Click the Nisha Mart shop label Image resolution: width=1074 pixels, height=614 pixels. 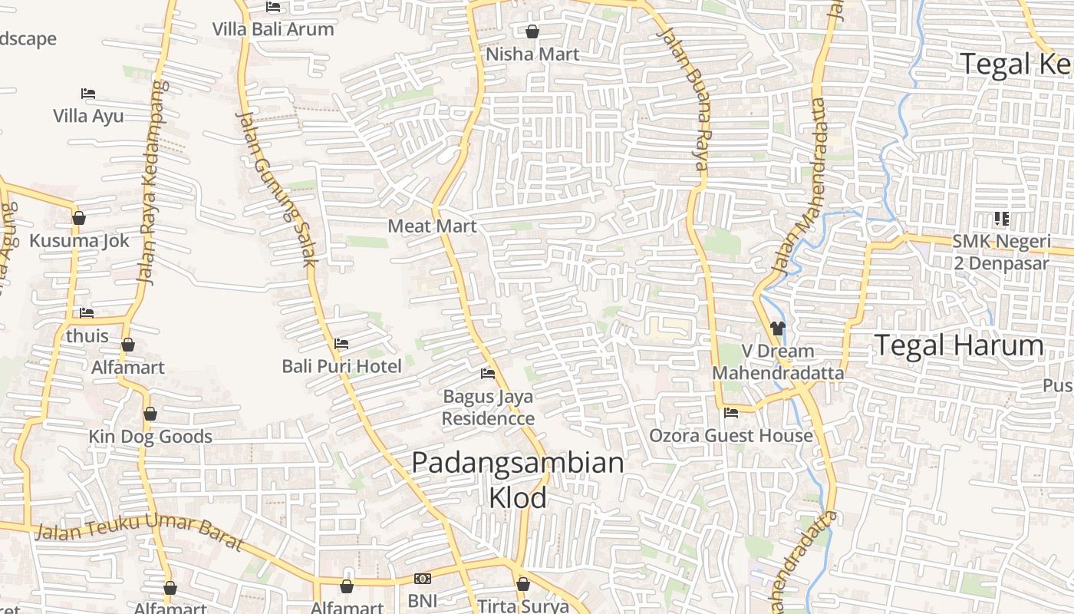532,54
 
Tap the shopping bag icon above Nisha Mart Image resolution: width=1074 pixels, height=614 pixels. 532,31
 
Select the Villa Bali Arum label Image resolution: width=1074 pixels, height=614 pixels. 273,30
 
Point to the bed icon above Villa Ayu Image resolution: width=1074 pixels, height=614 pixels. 88,94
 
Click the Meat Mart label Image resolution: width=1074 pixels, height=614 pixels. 432,226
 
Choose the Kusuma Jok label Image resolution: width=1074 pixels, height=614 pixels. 79,241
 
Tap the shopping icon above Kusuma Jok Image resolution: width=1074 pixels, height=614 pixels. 78,219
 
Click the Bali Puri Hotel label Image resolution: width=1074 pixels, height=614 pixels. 341,366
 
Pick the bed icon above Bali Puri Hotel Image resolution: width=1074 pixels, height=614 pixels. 341,343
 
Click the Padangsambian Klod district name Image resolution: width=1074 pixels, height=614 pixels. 518,480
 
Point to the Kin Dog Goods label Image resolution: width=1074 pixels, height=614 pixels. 150,437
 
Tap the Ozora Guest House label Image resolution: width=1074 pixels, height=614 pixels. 730,436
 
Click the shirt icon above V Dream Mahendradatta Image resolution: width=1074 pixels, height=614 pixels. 778,328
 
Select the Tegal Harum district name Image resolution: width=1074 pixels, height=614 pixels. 959,345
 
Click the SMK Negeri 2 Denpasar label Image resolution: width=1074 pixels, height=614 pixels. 1001,253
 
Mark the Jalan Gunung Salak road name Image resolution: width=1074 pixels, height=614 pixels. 276,188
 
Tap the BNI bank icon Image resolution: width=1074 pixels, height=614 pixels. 422,579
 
